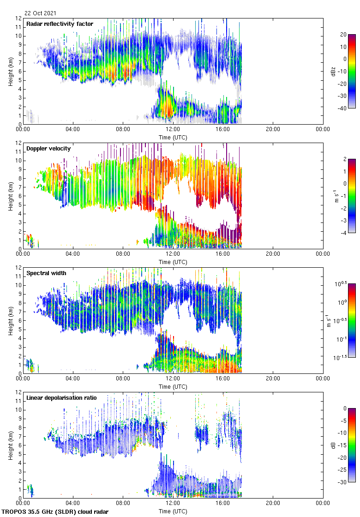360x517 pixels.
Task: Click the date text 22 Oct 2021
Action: [41, 13]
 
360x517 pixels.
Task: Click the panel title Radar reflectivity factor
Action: [60, 24]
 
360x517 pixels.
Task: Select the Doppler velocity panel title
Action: [46, 149]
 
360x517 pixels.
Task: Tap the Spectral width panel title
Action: [46, 273]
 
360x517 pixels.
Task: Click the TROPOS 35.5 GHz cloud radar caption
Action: [55, 511]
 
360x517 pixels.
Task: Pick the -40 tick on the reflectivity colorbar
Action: [343, 108]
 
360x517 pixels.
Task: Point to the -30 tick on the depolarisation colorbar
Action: [343, 482]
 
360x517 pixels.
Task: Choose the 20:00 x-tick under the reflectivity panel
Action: [273, 129]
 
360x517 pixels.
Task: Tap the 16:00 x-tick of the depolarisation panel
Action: [223, 503]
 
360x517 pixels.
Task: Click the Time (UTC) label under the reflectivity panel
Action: [173, 138]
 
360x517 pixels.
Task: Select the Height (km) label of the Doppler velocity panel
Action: [11, 196]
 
